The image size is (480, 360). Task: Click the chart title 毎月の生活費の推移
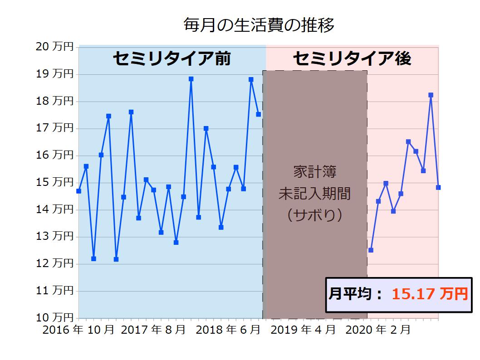[x=259, y=26]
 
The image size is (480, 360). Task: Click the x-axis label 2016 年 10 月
[x=78, y=330]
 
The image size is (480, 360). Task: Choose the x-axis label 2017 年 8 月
[x=153, y=330]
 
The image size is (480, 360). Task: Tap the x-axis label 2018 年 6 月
[x=228, y=330]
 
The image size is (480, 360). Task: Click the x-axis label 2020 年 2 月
[x=378, y=330]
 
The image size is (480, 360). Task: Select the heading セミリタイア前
[x=171, y=58]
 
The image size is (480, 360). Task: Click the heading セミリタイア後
[x=352, y=58]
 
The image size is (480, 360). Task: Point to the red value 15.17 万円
[x=429, y=294]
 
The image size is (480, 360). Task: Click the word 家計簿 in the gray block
[x=314, y=173]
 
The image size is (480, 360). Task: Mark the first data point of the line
[x=78, y=191]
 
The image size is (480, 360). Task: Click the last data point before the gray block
[x=258, y=114]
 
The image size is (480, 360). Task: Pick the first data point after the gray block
[x=371, y=250]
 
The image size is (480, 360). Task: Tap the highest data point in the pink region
[x=431, y=95]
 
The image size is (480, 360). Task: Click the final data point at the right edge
[x=438, y=187]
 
